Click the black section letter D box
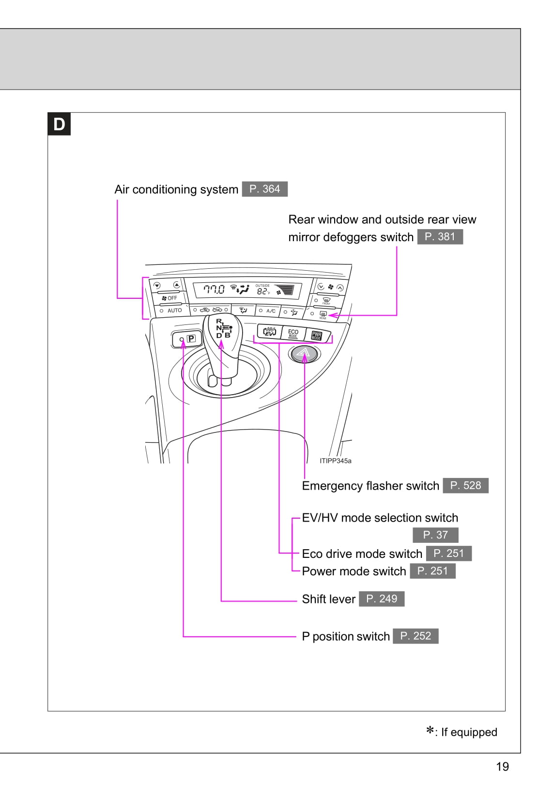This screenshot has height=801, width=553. pyautogui.click(x=59, y=124)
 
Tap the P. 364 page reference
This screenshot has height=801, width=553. pyautogui.click(x=264, y=189)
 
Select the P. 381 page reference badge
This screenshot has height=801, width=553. pyautogui.click(x=440, y=237)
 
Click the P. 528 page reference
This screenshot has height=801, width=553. pyautogui.click(x=465, y=486)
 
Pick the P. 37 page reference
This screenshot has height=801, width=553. pyautogui.click(x=435, y=535)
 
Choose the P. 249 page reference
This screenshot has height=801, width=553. pyautogui.click(x=382, y=599)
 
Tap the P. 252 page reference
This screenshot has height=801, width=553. pyautogui.click(x=415, y=636)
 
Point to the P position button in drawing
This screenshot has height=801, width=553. pyautogui.click(x=187, y=339)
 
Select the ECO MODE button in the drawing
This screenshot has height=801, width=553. pyautogui.click(x=293, y=333)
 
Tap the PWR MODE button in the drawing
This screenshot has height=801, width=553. pyautogui.click(x=317, y=336)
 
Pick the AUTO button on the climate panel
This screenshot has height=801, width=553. pyautogui.click(x=172, y=310)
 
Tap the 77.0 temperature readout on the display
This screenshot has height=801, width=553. pyautogui.click(x=214, y=290)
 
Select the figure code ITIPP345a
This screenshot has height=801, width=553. pyautogui.click(x=336, y=461)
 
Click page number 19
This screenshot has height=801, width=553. pyautogui.click(x=503, y=767)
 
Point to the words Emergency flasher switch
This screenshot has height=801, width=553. pyautogui.click(x=370, y=486)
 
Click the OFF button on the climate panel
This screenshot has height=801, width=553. pyautogui.click(x=169, y=298)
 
